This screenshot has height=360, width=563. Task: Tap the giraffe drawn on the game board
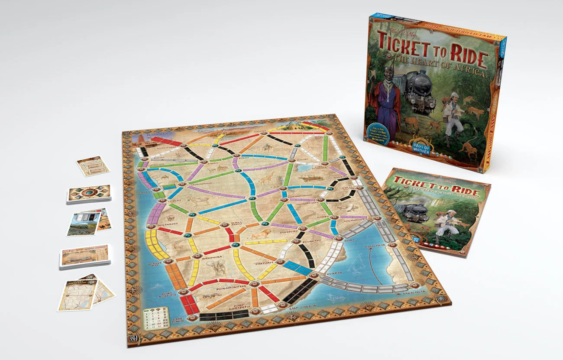(x=268, y=178)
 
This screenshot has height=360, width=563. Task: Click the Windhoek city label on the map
(x=211, y=257)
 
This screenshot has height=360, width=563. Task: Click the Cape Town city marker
(x=192, y=318)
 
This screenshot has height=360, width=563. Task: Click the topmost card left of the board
(x=93, y=166)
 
